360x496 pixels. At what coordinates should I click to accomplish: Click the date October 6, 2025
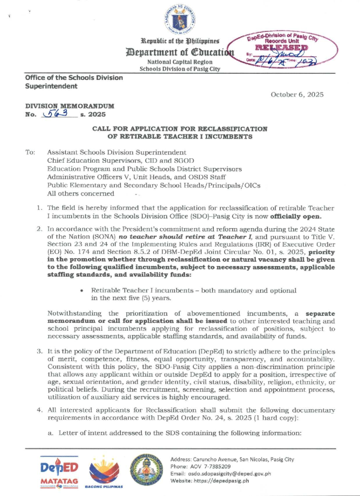click(x=297, y=95)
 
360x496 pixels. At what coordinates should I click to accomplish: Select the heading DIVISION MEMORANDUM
click(x=70, y=106)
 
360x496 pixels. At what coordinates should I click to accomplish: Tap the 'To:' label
click(x=30, y=152)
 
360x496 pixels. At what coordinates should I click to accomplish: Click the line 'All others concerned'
click(x=80, y=194)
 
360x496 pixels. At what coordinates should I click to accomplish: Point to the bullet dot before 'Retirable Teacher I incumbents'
click(x=82, y=291)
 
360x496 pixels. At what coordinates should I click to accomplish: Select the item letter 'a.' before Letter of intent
click(x=51, y=433)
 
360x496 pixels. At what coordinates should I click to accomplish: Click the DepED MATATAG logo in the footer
click(x=59, y=471)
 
